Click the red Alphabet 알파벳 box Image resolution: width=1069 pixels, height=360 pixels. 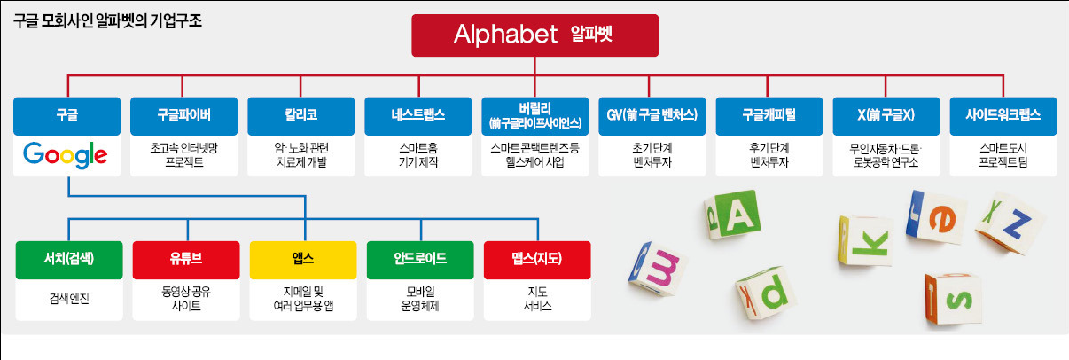tap(534, 35)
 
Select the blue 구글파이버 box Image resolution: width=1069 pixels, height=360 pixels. tap(184, 115)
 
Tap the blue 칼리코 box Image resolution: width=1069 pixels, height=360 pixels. tap(301, 115)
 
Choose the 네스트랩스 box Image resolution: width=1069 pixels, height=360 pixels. tap(418, 115)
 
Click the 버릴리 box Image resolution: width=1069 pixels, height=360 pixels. tap(535, 115)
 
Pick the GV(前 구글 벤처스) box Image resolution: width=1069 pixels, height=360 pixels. tap(652, 115)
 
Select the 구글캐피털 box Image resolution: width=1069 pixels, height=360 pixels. tap(769, 115)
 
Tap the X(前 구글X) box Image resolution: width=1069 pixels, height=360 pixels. tap(886, 115)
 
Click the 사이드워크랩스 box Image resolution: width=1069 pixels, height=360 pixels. tap(1003, 115)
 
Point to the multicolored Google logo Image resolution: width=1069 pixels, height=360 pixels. tap(66, 156)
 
